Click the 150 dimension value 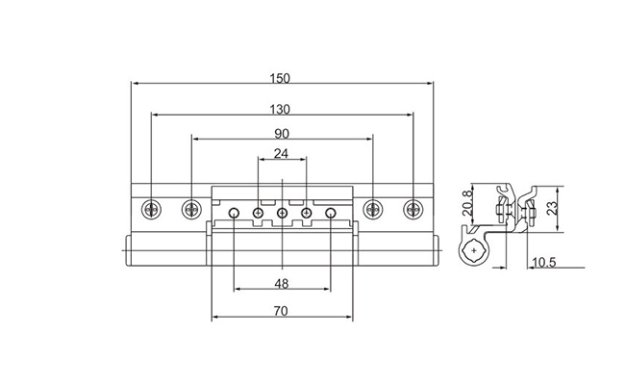click(x=280, y=78)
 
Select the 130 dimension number click(x=280, y=110)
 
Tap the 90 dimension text click(x=282, y=134)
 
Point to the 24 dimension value click(x=281, y=153)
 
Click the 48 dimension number click(x=282, y=284)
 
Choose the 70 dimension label click(x=281, y=311)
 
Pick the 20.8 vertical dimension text click(x=466, y=203)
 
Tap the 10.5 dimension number click(x=544, y=262)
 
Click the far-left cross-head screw click(x=152, y=209)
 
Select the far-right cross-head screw click(x=412, y=209)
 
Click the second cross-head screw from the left click(x=191, y=209)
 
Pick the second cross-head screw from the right click(x=373, y=209)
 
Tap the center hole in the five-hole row click(x=282, y=213)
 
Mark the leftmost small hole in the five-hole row click(x=234, y=213)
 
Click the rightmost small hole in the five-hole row click(x=331, y=213)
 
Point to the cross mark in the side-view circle click(x=473, y=250)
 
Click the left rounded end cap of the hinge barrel click(x=129, y=250)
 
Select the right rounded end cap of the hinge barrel click(x=436, y=250)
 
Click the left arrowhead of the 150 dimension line click(x=136, y=84)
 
